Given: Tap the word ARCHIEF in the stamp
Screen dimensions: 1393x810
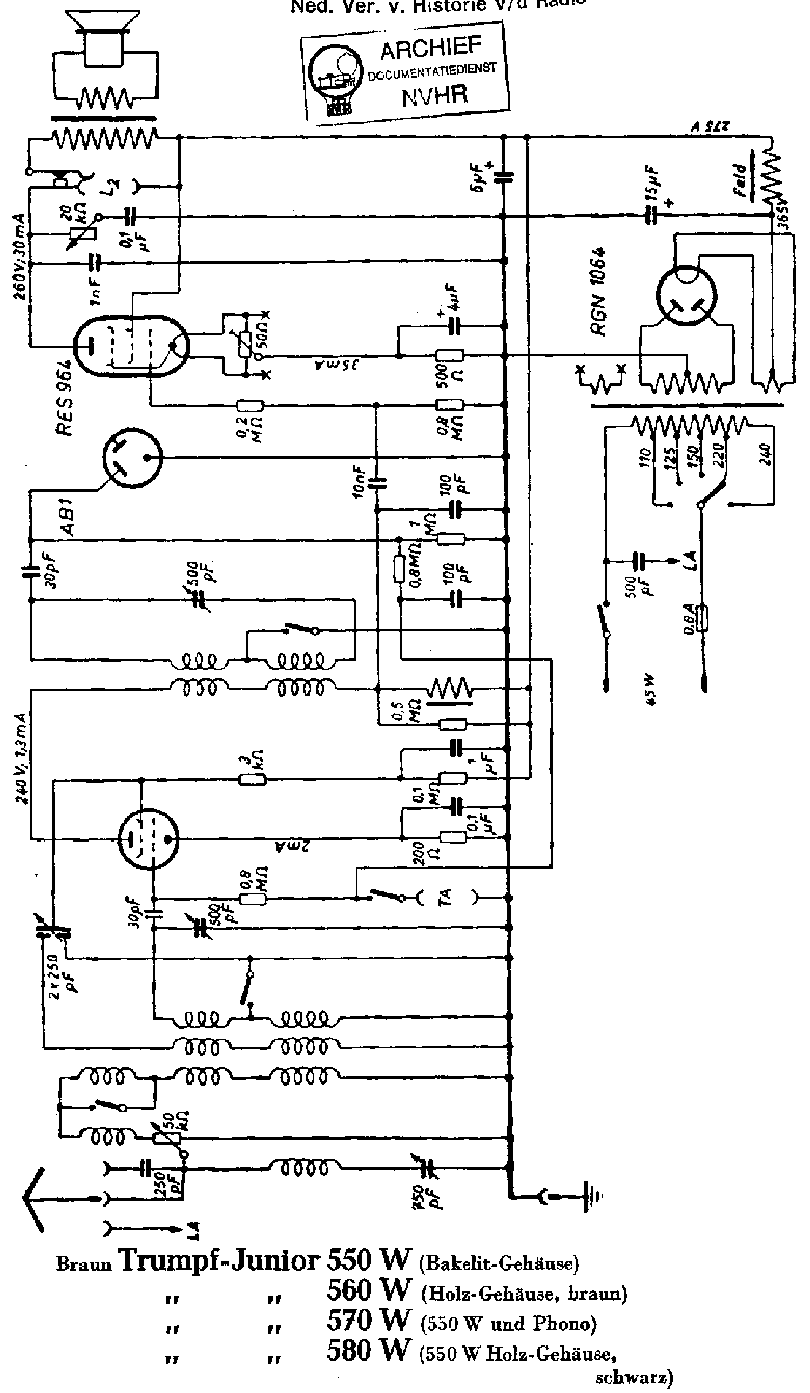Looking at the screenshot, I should pyautogui.click(x=431, y=49).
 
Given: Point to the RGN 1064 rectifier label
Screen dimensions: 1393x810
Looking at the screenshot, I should pyautogui.click(x=599, y=291).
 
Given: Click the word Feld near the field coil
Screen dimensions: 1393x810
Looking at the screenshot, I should pyautogui.click(x=740, y=180).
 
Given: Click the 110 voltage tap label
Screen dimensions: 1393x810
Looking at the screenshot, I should pyautogui.click(x=644, y=458).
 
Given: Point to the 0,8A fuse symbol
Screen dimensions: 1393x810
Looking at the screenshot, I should pyautogui.click(x=702, y=618).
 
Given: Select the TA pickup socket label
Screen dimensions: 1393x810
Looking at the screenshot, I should pyautogui.click(x=445, y=897).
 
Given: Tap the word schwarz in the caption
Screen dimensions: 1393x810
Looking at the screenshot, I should pyautogui.click(x=634, y=1377).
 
